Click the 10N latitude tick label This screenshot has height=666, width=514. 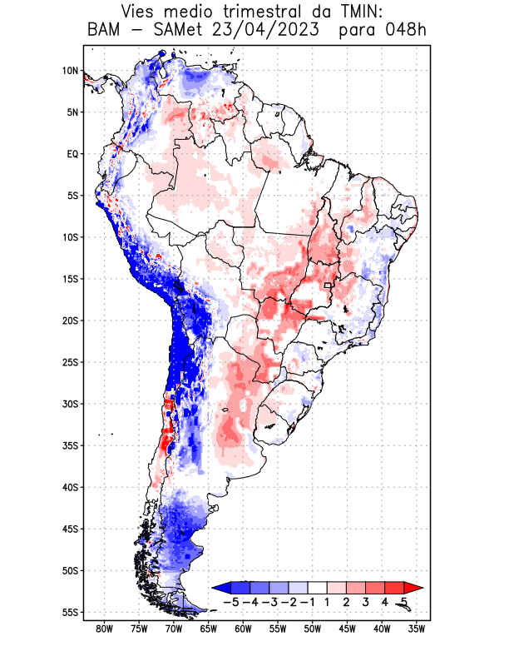tap(70, 71)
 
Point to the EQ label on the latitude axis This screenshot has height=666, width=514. tap(72, 154)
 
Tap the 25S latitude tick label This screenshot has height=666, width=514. tap(70, 362)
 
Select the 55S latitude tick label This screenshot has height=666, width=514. tap(70, 612)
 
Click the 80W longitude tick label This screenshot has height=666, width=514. tap(104, 629)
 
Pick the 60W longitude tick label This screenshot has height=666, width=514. tap(243, 629)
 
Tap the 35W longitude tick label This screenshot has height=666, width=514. tap(417, 629)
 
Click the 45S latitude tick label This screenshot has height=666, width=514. tap(70, 529)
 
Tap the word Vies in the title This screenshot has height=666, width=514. tap(143, 12)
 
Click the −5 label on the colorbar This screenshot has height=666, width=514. tap(231, 601)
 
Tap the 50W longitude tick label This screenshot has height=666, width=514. tap(313, 629)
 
